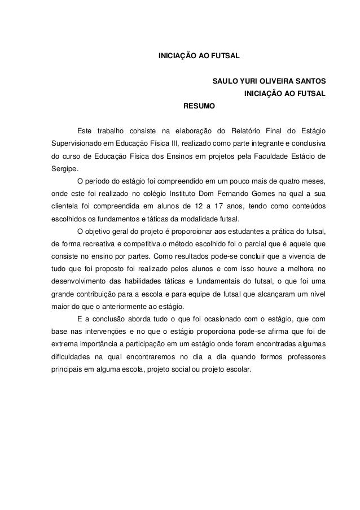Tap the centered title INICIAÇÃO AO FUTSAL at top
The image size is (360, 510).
coord(198,56)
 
